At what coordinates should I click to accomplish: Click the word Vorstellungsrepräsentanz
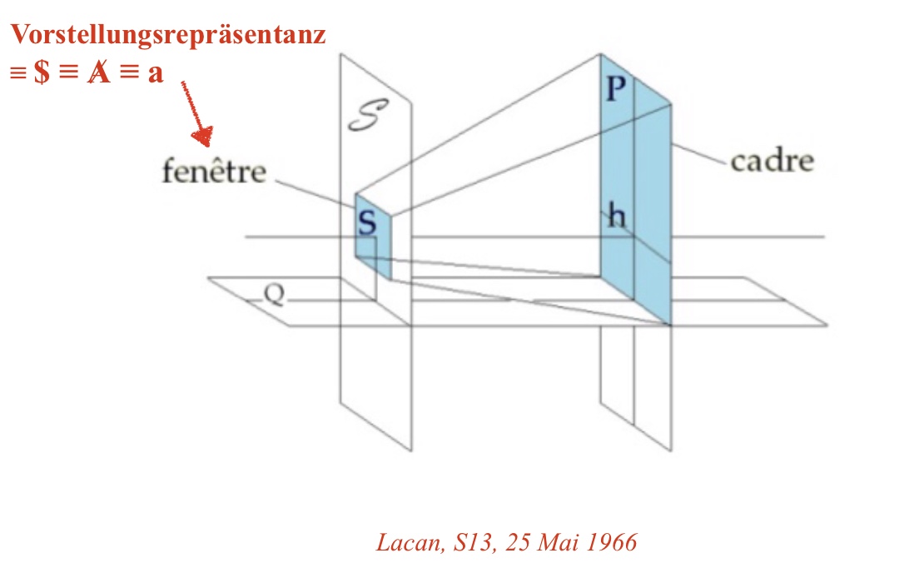coord(167,35)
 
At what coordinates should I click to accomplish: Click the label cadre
coord(772,160)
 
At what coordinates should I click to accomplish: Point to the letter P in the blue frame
coord(614,88)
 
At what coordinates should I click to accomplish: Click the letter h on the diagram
coord(616,217)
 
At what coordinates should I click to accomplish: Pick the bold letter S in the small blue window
coord(367,222)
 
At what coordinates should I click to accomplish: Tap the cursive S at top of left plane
coord(367,118)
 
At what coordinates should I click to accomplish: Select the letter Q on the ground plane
coord(275,293)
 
